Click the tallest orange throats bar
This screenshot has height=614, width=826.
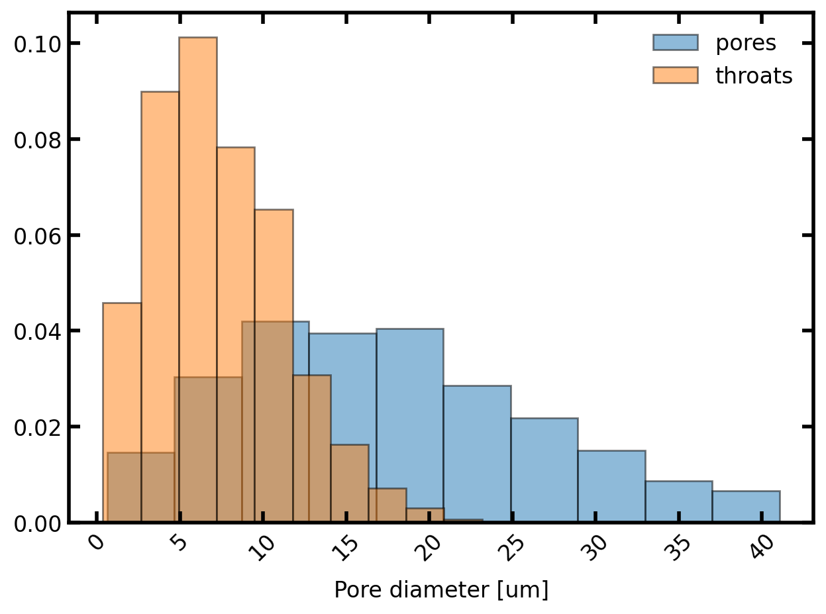click(197, 199)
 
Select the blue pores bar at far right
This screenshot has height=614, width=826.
click(745, 507)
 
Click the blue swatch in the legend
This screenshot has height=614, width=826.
click(675, 42)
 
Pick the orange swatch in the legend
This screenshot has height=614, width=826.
click(675, 76)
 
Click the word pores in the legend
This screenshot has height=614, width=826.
click(745, 42)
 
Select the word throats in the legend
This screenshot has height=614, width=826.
click(754, 76)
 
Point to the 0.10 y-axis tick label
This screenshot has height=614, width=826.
click(38, 44)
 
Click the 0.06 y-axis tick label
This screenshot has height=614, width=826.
click(38, 235)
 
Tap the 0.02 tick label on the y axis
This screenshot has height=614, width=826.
click(38, 427)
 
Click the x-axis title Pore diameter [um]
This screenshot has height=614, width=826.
click(440, 589)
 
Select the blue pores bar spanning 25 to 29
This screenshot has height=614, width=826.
click(544, 470)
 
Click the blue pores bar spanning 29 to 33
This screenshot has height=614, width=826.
click(611, 486)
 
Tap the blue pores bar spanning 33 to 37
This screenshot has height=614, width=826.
click(678, 501)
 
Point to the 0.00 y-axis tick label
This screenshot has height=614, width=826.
click(38, 523)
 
